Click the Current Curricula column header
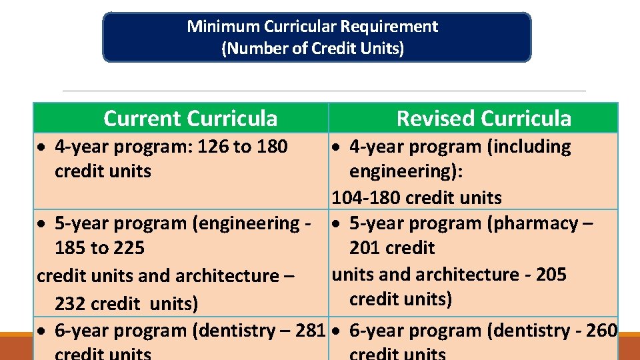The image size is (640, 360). [190, 119]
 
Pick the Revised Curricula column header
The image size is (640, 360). [483, 119]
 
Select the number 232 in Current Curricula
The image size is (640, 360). [71, 305]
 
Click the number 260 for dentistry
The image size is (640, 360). [601, 331]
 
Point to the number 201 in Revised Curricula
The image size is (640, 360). [365, 248]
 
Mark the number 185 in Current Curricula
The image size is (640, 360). [71, 248]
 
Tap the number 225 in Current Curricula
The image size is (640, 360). [129, 248]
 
